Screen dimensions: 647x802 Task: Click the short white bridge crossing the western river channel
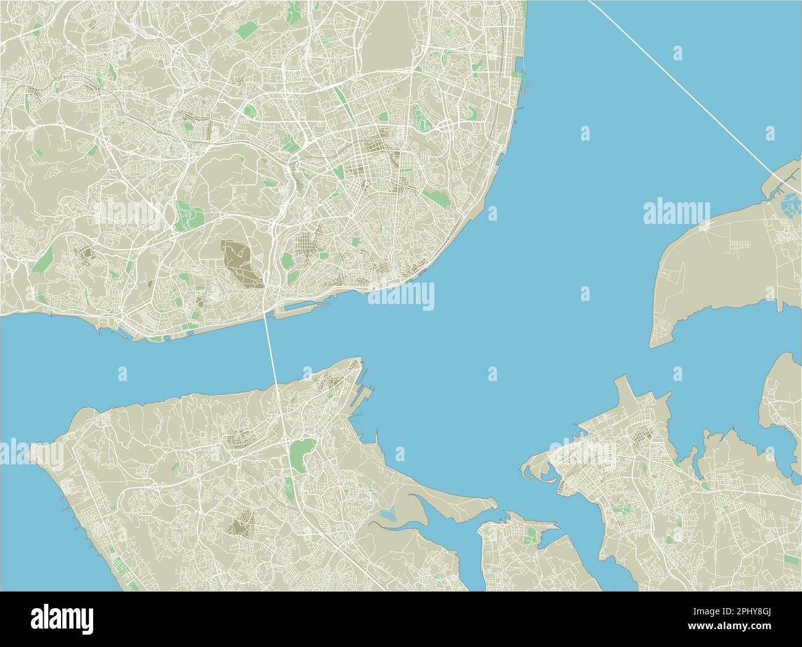click(271, 345)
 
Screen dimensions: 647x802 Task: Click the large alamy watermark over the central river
click(401, 295)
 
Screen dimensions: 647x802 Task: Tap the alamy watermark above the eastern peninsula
click(676, 213)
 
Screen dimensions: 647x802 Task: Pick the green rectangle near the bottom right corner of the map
click(669, 539)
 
